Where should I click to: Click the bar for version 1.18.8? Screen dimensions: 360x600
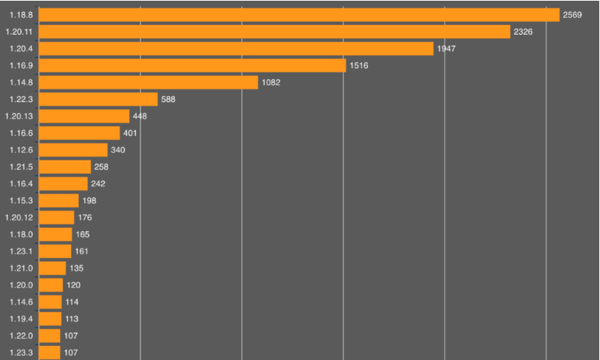(x=299, y=15)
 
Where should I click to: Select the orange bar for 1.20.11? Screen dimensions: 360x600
(x=274, y=32)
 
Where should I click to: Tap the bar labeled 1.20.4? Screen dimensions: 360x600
(x=236, y=49)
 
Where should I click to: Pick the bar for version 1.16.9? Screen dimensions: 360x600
(x=192, y=66)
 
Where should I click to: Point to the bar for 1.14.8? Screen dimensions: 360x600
(x=148, y=82)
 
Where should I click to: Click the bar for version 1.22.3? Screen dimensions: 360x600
(x=98, y=99)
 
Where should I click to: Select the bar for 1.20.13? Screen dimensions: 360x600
(x=83, y=116)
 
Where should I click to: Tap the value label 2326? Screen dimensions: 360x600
(x=523, y=32)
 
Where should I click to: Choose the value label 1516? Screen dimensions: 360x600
(x=358, y=66)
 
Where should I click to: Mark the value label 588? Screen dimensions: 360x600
(x=168, y=99)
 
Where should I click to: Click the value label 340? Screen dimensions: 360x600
(x=117, y=150)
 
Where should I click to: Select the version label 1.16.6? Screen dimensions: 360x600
(x=21, y=133)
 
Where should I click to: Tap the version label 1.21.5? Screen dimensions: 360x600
(x=21, y=167)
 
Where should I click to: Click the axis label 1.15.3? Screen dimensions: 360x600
(x=21, y=200)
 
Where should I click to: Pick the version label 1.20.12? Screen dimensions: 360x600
(x=19, y=217)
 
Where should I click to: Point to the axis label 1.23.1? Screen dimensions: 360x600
(x=21, y=251)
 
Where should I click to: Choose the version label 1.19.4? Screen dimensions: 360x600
(x=21, y=319)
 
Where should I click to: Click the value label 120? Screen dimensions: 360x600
(x=73, y=285)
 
